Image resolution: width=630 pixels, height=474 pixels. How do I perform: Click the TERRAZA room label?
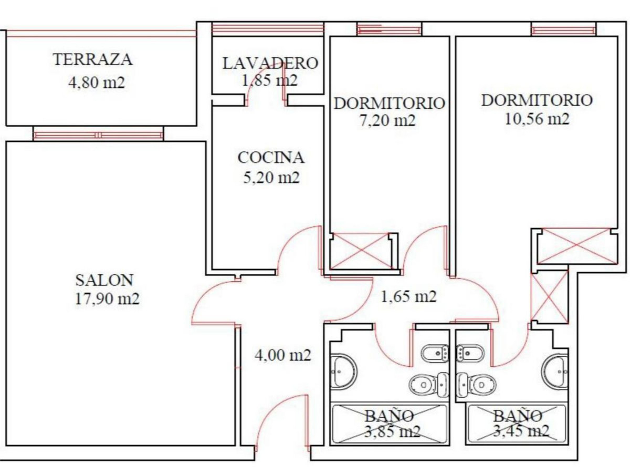click(93, 59)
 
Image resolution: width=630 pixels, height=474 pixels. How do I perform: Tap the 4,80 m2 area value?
click(97, 83)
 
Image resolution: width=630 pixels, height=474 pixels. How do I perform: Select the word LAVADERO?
click(270, 63)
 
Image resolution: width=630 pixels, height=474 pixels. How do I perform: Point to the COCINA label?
click(271, 158)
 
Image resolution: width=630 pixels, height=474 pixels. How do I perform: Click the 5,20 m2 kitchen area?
click(271, 178)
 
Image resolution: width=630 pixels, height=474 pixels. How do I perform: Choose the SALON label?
click(104, 280)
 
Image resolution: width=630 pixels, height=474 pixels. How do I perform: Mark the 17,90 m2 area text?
click(107, 299)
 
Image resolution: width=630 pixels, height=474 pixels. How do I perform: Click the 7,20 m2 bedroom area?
click(387, 121)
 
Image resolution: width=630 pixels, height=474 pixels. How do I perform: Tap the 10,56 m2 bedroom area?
click(537, 119)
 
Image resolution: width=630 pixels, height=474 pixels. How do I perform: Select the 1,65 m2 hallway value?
click(408, 296)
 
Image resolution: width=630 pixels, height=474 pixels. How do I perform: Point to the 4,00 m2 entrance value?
click(282, 355)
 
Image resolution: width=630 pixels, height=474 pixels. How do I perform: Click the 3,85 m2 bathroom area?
click(392, 431)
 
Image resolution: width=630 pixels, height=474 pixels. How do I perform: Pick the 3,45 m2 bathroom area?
click(521, 431)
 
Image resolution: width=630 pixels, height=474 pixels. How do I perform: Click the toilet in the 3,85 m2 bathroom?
click(428, 385)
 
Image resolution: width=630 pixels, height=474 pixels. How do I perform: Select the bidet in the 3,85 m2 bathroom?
click(435, 353)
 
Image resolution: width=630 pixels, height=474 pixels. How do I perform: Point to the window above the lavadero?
click(268, 29)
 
